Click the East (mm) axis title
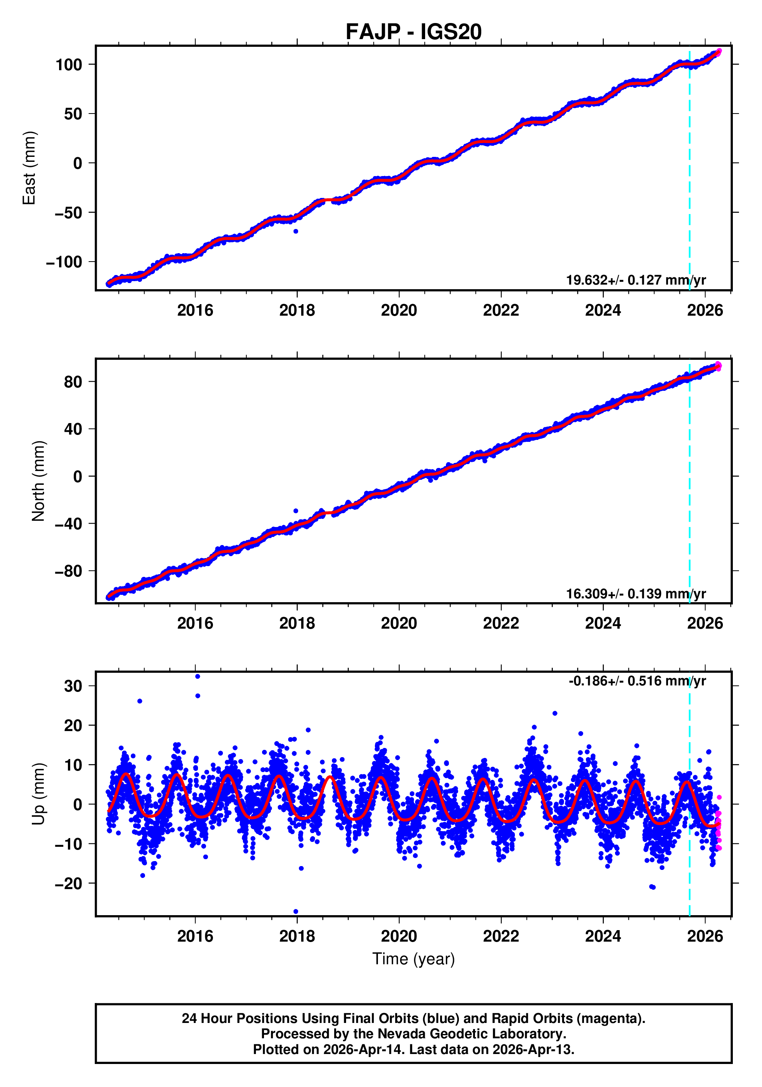(30, 168)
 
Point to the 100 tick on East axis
(69, 64)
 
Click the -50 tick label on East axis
(68, 212)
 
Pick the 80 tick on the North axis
(73, 382)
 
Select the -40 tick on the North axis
(68, 524)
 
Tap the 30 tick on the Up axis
(73, 686)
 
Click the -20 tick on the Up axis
(68, 883)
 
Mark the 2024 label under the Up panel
(602, 936)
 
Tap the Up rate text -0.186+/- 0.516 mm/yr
(637, 681)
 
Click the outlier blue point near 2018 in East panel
(295, 231)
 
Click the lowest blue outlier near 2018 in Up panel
(296, 911)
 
